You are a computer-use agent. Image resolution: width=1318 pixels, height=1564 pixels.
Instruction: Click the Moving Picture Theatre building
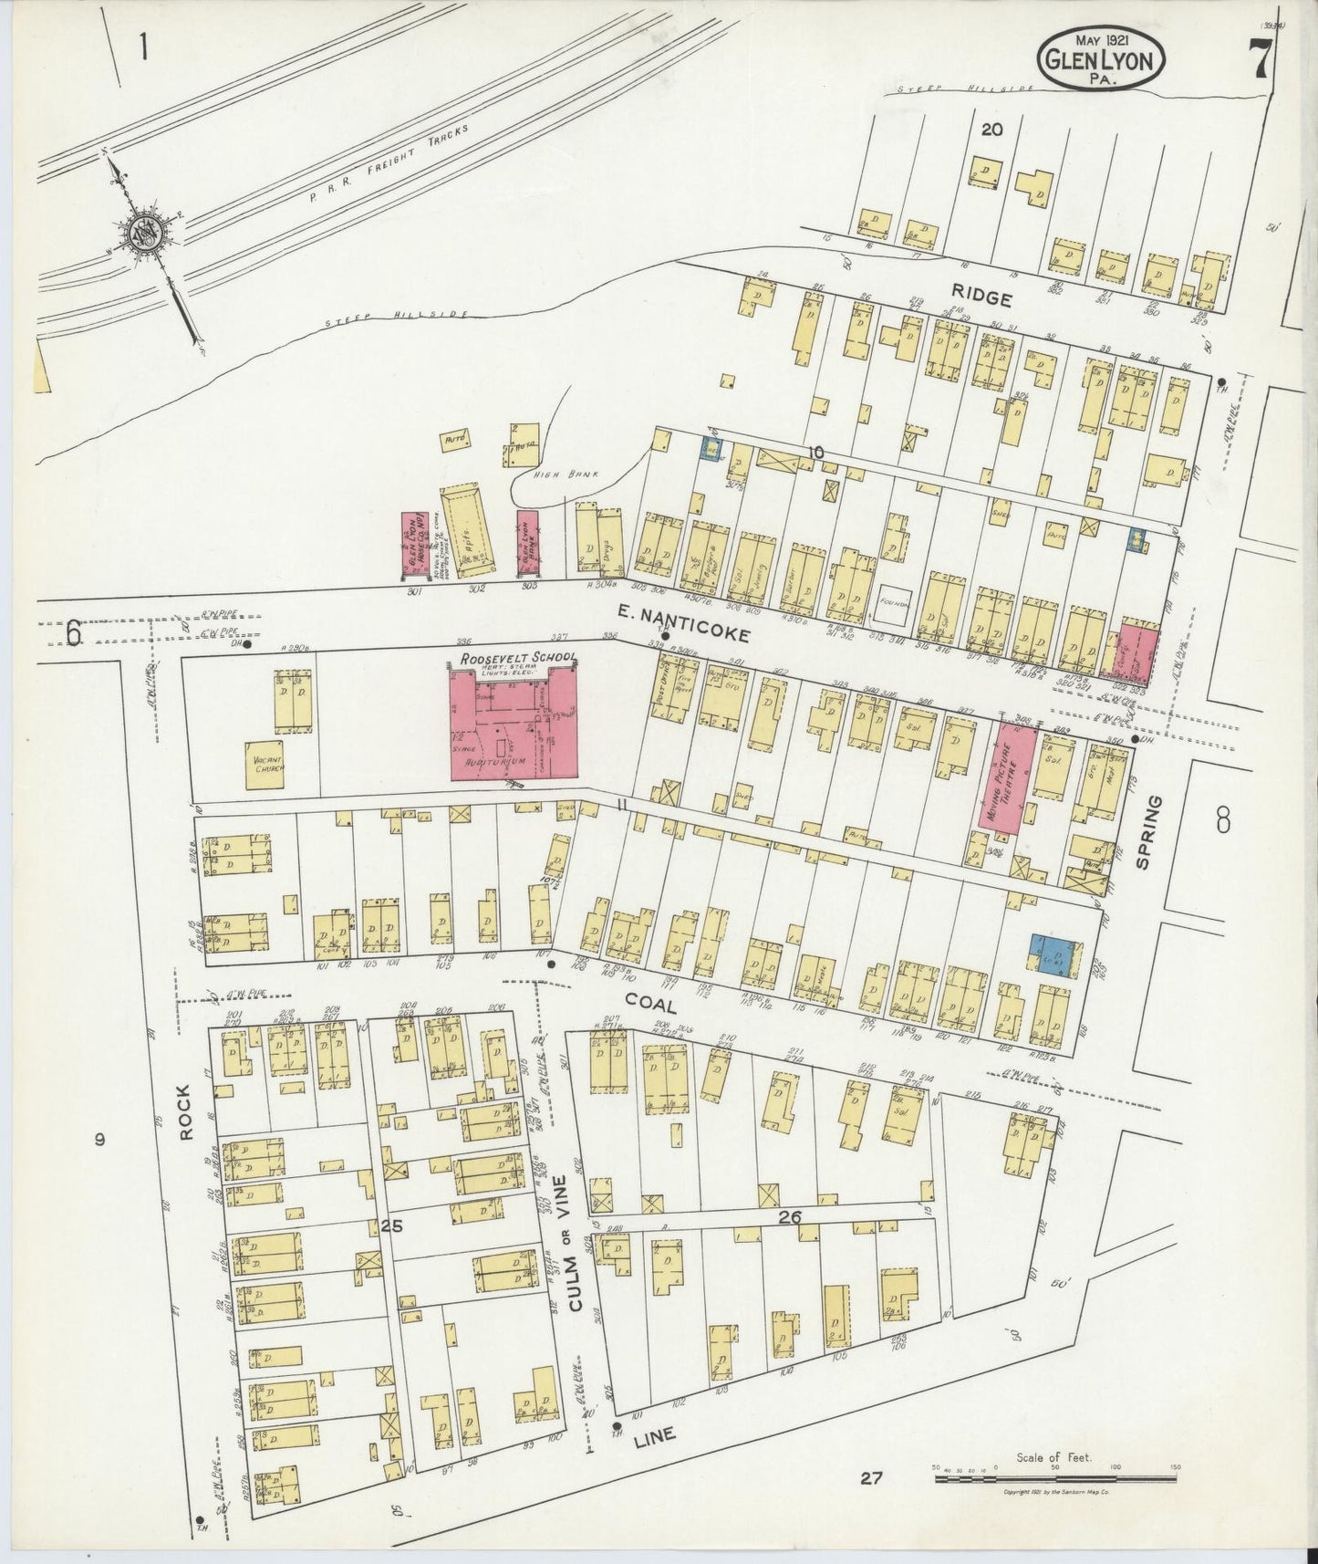[x=1007, y=778]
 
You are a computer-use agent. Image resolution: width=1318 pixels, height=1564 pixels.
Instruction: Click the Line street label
[x=653, y=1435]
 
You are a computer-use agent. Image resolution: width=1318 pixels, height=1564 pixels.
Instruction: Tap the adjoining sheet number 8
[x=1223, y=820]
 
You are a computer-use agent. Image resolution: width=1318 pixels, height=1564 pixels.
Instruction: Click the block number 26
[x=790, y=1216]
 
